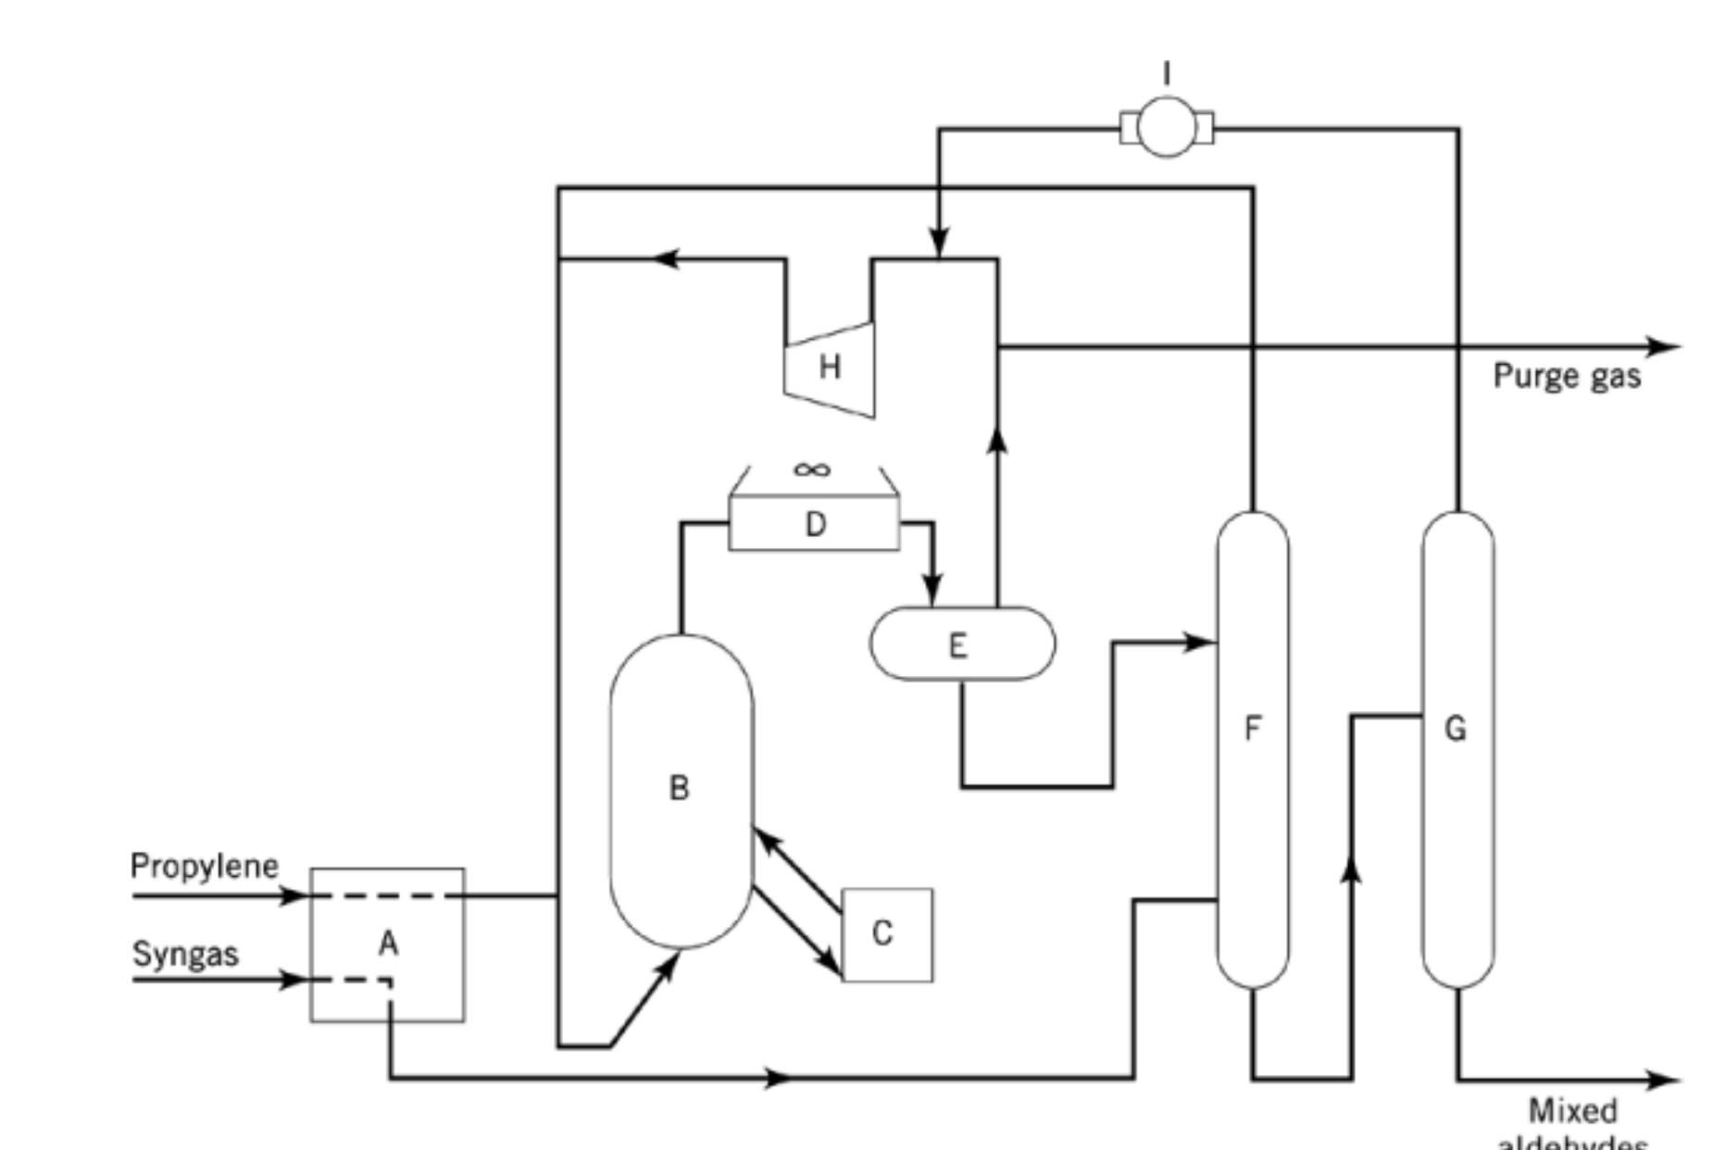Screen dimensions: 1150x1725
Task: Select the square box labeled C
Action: click(x=887, y=934)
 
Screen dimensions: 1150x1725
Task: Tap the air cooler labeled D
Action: click(x=814, y=524)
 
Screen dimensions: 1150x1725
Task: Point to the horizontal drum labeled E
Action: click(x=962, y=644)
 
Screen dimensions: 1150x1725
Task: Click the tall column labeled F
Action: click(x=1252, y=750)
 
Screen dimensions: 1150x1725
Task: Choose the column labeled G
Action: click(x=1457, y=750)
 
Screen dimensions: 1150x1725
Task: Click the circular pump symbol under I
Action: click(x=1167, y=128)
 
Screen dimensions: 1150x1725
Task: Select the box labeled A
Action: click(x=387, y=944)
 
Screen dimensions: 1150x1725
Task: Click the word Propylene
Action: click(x=204, y=866)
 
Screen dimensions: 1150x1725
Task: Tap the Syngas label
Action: click(x=185, y=954)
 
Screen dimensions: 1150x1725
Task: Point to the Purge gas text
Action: click(x=1567, y=376)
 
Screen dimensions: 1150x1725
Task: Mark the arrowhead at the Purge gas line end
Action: click(x=1667, y=347)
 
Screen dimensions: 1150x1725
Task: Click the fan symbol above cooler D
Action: click(x=812, y=470)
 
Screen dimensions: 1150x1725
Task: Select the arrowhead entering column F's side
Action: click(x=1201, y=642)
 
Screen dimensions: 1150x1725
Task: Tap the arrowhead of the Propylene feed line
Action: click(x=294, y=895)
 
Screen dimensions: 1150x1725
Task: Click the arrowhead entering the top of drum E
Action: click(x=932, y=590)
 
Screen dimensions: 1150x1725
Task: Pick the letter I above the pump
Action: click(x=1167, y=72)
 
